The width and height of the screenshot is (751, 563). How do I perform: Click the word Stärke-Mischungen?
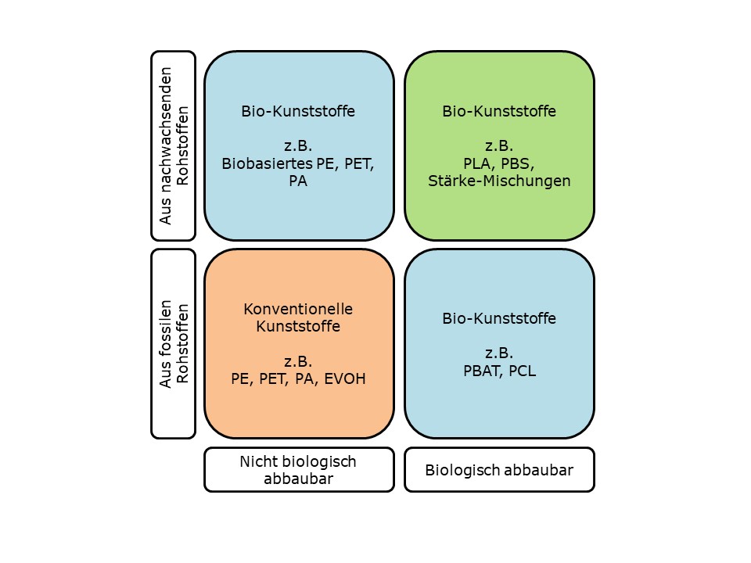click(x=499, y=181)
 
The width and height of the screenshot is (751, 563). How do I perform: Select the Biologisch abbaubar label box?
click(x=499, y=470)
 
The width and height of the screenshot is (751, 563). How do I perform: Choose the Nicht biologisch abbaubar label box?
click(x=299, y=470)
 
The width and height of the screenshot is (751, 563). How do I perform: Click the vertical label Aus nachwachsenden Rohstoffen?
click(x=174, y=145)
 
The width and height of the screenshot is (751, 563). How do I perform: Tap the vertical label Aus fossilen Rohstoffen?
click(x=174, y=344)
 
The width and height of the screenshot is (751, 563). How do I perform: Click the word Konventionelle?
click(x=298, y=308)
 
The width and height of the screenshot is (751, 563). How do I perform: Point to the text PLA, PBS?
click(x=499, y=163)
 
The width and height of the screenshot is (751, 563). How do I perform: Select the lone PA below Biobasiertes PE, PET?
click(x=298, y=181)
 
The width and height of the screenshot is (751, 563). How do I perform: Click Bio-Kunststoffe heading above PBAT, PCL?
click(x=499, y=318)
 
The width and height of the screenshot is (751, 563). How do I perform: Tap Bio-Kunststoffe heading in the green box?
click(x=499, y=111)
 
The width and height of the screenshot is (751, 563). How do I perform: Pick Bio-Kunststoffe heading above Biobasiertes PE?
click(x=298, y=111)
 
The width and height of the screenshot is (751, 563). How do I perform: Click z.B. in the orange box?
click(x=298, y=361)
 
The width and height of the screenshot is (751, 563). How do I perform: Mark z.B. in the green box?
click(x=499, y=146)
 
